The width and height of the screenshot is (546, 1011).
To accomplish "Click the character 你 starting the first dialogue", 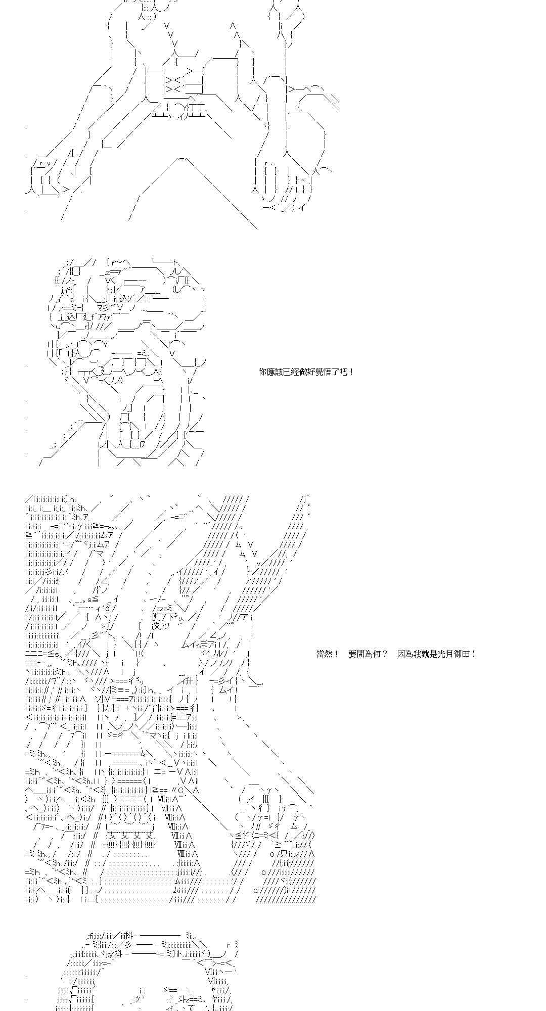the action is (x=262, y=372).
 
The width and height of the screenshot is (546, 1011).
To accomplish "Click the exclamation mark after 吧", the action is (x=351, y=372).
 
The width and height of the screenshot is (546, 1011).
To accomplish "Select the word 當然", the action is (x=324, y=654).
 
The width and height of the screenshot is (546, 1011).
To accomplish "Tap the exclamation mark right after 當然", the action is (x=336, y=654).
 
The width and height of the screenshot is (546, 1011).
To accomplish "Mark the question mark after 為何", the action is (x=385, y=654).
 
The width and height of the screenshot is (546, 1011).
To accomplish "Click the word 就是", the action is (x=428, y=654).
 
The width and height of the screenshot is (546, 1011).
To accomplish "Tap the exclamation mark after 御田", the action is (x=473, y=654).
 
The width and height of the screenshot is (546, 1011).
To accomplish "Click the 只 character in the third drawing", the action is (x=278, y=853).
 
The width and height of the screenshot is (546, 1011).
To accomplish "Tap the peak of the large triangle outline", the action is (x=182, y=159).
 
